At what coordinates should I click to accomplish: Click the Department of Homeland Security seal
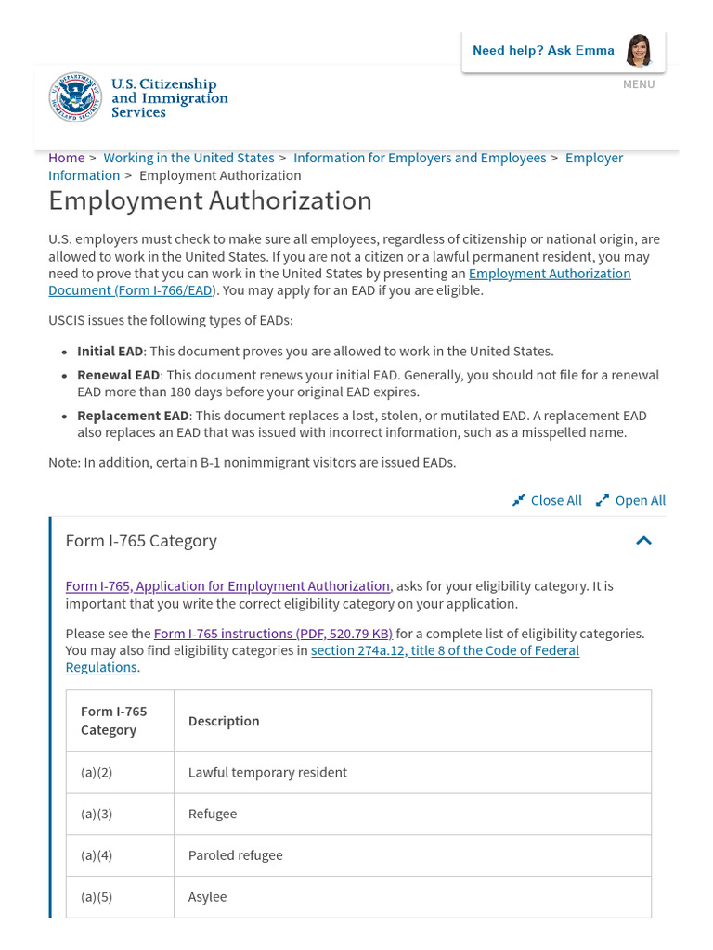click(x=75, y=98)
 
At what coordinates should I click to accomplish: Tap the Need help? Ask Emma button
click(x=563, y=50)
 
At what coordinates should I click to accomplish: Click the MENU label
click(x=639, y=84)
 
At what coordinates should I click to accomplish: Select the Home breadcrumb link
click(x=66, y=158)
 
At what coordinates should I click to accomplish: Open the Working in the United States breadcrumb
click(x=188, y=158)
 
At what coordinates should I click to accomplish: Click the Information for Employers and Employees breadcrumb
click(x=420, y=158)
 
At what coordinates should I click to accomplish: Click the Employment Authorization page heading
click(x=210, y=200)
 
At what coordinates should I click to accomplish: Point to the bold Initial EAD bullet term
click(x=110, y=352)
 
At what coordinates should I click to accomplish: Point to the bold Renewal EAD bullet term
click(x=118, y=375)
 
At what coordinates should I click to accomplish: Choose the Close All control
click(x=547, y=500)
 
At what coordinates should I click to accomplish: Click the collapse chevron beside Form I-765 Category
click(x=643, y=541)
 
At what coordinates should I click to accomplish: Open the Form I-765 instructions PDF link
click(x=273, y=634)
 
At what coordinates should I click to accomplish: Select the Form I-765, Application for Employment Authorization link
click(x=227, y=586)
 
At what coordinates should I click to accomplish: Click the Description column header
click(x=224, y=721)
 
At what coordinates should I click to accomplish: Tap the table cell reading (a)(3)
click(x=97, y=814)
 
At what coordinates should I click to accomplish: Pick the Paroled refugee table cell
click(x=235, y=855)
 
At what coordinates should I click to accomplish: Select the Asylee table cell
click(x=207, y=897)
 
